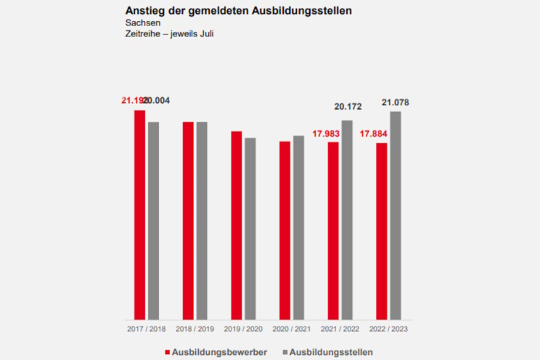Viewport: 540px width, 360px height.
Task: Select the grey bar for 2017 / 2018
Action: point(153,221)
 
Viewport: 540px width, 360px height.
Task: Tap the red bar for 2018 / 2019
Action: point(188,221)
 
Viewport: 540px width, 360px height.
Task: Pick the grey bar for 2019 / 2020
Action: point(250,229)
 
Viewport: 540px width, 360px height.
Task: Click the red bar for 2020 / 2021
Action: point(285,230)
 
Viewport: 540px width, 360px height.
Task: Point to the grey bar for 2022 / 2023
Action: point(396,216)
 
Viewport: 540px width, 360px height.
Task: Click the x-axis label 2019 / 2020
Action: point(243,329)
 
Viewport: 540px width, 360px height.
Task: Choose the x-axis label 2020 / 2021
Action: point(292,329)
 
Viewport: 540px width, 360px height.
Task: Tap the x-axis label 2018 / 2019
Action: point(195,329)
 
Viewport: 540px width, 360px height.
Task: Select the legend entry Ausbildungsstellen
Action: point(331,352)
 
